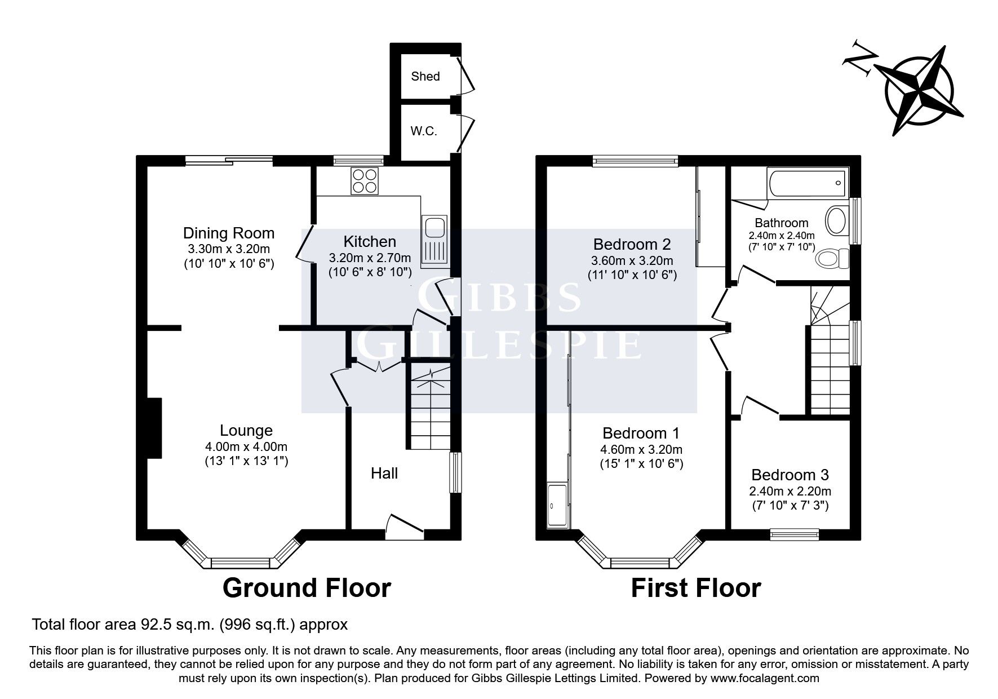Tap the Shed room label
tap(425, 76)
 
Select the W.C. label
tap(424, 132)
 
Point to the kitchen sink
tap(434, 228)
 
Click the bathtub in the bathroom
tap(807, 183)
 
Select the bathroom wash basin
tap(837, 221)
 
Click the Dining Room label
tap(229, 233)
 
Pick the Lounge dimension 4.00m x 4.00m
tap(246, 446)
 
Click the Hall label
tap(384, 473)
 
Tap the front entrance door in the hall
tap(405, 524)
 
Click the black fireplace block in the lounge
tap(154, 428)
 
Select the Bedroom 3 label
tap(790, 475)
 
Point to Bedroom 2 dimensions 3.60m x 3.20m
tap(632, 260)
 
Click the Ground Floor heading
tap(307, 588)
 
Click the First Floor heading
tap(695, 588)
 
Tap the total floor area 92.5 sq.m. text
tap(189, 625)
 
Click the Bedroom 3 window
tap(795, 533)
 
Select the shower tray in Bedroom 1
tap(558, 506)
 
